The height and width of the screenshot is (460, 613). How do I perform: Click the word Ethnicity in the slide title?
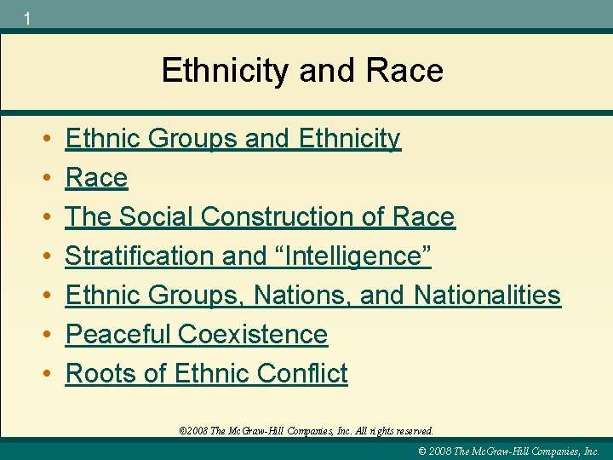pos(226,70)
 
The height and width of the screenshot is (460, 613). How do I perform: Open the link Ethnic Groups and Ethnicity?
pos(232,138)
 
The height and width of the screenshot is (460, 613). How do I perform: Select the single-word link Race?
pos(96,177)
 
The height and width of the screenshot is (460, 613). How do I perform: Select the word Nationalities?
pos(487,295)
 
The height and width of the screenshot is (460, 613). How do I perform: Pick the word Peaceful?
pos(120,334)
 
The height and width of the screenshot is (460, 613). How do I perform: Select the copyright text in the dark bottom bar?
pos(510,451)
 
